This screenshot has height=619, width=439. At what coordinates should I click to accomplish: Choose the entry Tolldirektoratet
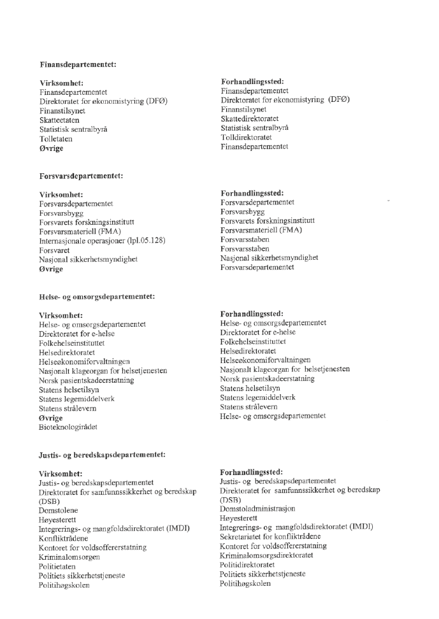(247, 137)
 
